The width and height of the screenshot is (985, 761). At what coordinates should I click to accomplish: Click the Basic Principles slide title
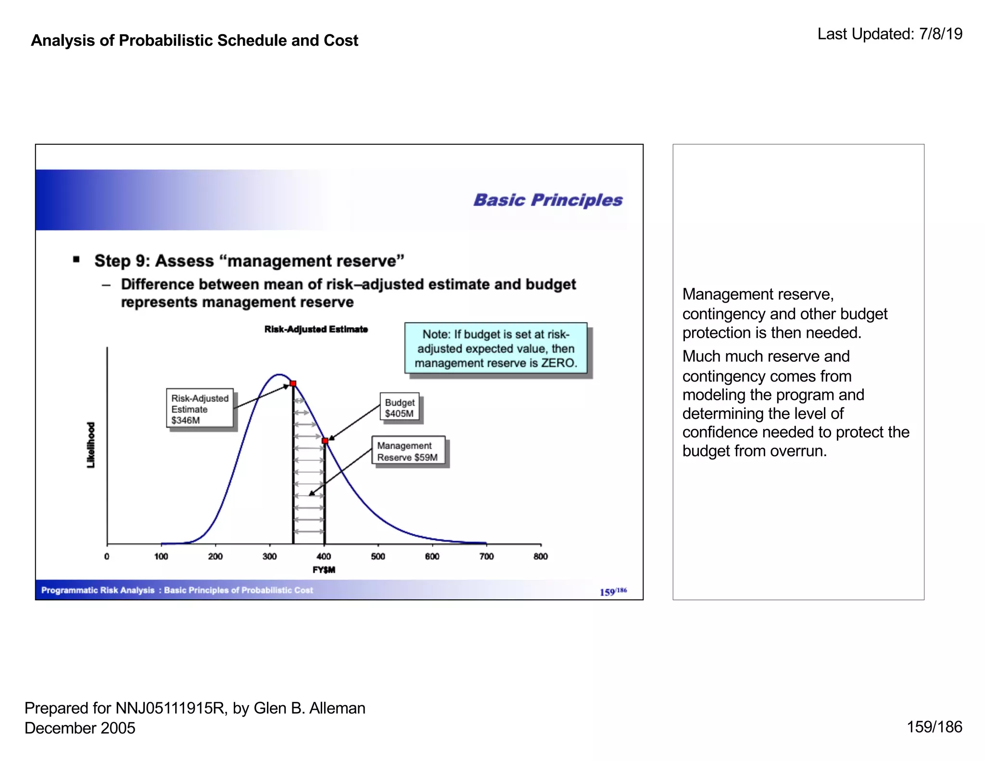click(548, 200)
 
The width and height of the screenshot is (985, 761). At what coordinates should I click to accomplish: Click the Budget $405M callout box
click(399, 407)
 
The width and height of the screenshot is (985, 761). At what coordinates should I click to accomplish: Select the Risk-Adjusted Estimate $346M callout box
click(200, 408)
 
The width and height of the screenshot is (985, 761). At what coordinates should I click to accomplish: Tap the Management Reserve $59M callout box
click(408, 451)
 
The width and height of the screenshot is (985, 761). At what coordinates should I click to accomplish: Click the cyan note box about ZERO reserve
click(496, 348)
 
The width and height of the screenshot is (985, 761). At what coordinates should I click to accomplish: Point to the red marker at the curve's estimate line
click(293, 383)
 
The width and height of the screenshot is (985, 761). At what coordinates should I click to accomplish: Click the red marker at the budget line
click(325, 441)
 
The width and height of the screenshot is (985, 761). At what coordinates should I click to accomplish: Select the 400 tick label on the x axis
click(324, 556)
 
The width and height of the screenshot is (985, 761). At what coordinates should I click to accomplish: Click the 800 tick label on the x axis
click(541, 556)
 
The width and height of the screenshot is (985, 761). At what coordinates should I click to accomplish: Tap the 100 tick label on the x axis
click(161, 556)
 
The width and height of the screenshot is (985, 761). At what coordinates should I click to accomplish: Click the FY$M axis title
click(324, 570)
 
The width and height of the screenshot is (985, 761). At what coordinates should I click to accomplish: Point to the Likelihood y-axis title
click(90, 444)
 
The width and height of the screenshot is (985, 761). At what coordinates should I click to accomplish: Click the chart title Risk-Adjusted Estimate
click(316, 329)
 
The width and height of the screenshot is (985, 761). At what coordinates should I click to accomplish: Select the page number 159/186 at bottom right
click(934, 726)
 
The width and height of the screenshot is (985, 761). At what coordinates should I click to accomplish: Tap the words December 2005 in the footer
click(80, 727)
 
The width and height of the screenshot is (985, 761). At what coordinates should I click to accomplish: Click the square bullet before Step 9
click(76, 260)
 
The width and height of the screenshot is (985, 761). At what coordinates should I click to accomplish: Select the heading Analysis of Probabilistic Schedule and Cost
click(194, 40)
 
